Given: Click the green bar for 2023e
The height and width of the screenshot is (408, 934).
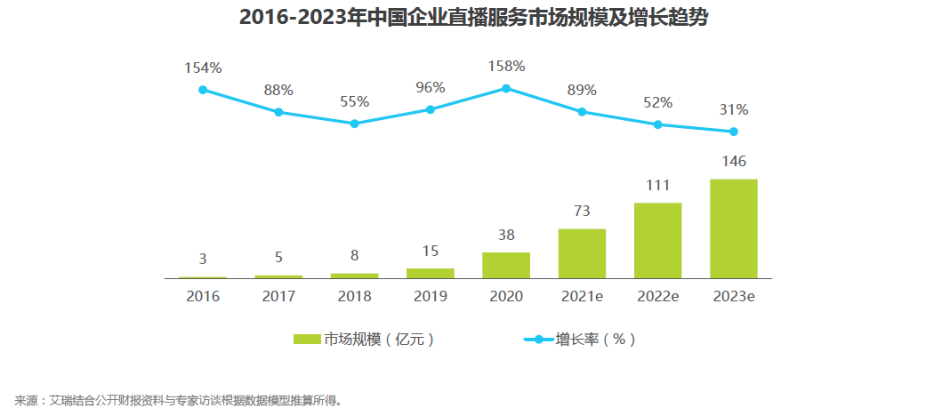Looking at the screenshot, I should coord(733,228).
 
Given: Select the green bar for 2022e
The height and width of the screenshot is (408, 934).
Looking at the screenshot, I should coord(657,240).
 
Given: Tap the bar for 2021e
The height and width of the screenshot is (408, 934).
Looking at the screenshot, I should coord(582,253).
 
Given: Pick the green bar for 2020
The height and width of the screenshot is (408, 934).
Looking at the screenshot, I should coord(506,265).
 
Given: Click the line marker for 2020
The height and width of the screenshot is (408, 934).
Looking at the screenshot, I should coord(506,88).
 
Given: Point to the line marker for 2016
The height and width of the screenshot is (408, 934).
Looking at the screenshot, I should coord(203,90).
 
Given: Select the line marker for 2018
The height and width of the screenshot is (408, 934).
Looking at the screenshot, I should coord(354,124).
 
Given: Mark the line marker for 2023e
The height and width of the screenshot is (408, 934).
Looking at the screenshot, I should coord(733,132).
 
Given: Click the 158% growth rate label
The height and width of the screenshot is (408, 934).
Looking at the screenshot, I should coord(506,66).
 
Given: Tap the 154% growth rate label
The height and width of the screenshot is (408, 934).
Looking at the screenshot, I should coord(203,68).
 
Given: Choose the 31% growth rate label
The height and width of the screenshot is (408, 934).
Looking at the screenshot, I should coord(733,110).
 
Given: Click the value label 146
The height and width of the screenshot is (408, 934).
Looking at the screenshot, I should coord(733,161).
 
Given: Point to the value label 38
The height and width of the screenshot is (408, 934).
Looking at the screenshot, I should coord(506,235).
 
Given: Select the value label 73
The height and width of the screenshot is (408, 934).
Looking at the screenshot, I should coord(582,211).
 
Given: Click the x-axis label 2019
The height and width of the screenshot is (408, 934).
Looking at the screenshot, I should coord(430,296).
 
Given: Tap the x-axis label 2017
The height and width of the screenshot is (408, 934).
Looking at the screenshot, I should coord(278,296).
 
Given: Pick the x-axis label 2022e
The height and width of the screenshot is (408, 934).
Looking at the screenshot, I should coord(657,296).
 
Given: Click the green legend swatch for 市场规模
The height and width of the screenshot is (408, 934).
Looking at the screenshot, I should coord(306,339).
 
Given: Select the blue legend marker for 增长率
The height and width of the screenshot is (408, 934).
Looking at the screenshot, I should coord(537,339).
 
